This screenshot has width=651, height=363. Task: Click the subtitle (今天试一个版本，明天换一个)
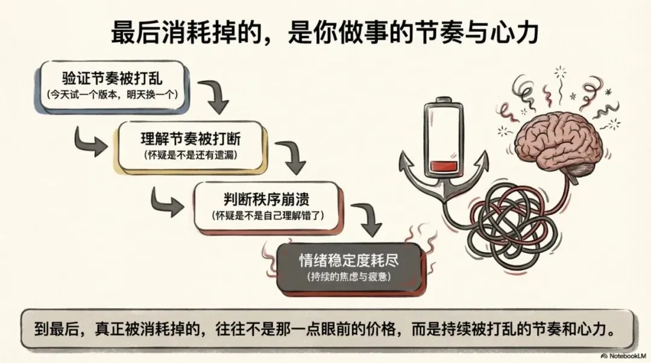click(x=112, y=95)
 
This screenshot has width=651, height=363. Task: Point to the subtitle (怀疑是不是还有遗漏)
click(x=190, y=155)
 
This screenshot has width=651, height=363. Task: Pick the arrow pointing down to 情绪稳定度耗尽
click(x=368, y=221)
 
